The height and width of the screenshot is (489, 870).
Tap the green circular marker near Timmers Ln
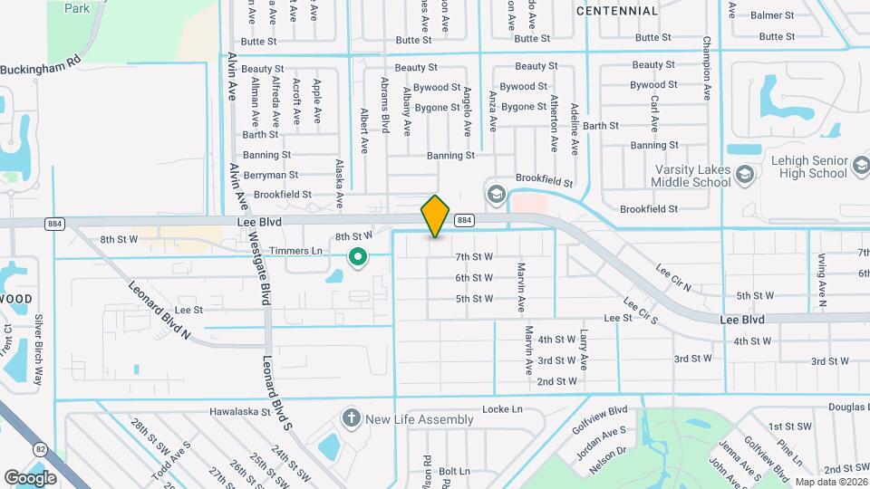click(x=358, y=258)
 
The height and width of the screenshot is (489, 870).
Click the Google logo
click(x=30, y=477)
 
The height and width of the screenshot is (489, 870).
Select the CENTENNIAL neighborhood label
click(x=616, y=11)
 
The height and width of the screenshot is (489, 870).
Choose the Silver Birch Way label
click(x=38, y=350)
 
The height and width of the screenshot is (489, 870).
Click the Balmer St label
click(x=772, y=15)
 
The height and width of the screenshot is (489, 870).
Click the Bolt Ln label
click(x=454, y=472)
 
